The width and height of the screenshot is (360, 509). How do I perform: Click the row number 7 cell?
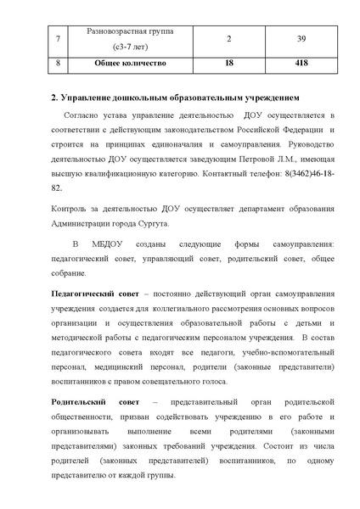point(34,38)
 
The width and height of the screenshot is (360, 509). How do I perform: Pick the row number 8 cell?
point(34,62)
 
